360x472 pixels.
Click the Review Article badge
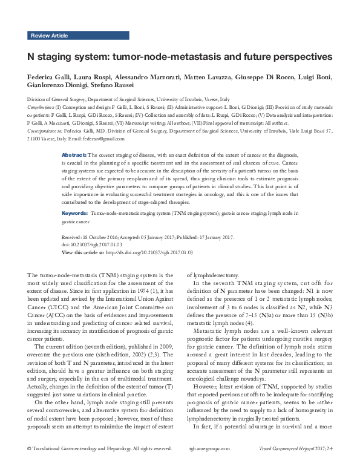(x=50, y=36)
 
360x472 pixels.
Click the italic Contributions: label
(x=41, y=107)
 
